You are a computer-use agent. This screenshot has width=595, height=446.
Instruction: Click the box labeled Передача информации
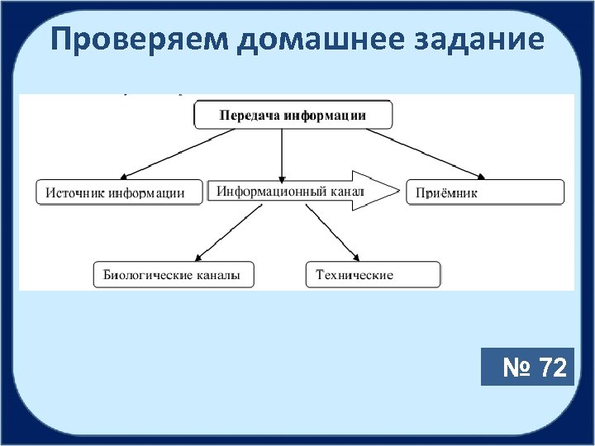293,115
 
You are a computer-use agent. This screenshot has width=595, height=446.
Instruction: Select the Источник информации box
119,192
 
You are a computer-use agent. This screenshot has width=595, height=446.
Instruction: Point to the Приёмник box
485,192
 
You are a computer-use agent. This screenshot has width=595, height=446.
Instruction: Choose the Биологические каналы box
173,275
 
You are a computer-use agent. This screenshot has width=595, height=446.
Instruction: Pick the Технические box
373,275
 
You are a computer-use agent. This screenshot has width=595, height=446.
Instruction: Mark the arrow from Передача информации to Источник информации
162,154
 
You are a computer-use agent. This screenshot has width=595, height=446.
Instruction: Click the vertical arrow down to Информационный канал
283,154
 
